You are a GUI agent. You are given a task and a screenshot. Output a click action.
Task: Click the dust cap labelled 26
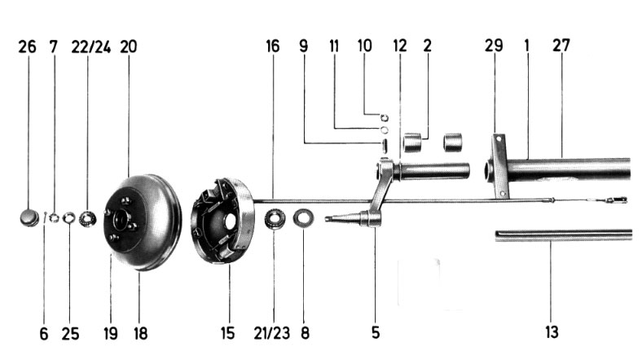click(29, 217)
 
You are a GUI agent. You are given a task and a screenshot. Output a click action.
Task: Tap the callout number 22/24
click(91, 47)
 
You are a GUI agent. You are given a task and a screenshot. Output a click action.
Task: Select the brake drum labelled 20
click(143, 222)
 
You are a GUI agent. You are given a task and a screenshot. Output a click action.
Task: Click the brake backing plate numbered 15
click(222, 221)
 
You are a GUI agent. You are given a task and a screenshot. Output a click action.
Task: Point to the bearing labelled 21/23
click(274, 219)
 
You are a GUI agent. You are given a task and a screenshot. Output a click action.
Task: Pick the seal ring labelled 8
click(303, 217)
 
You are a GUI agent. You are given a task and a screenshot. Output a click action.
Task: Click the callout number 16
click(273, 46)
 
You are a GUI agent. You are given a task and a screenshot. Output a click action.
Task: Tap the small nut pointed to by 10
click(384, 118)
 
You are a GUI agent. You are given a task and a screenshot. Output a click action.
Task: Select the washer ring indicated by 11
click(384, 130)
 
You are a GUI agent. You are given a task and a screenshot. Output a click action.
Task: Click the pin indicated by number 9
click(384, 146)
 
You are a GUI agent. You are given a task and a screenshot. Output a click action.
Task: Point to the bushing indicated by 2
click(412, 142)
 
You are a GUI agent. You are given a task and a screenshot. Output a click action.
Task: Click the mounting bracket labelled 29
click(500, 166)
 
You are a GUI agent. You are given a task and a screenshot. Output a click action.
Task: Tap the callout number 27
click(561, 46)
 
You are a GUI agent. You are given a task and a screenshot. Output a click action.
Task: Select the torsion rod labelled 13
click(564, 235)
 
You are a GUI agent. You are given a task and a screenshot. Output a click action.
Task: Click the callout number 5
click(376, 332)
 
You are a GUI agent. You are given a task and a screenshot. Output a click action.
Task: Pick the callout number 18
click(140, 333)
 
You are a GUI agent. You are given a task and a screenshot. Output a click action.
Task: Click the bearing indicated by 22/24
click(87, 218)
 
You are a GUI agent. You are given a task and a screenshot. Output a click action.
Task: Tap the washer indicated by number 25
click(68, 218)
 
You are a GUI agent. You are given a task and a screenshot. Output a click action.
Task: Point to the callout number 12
click(399, 46)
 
